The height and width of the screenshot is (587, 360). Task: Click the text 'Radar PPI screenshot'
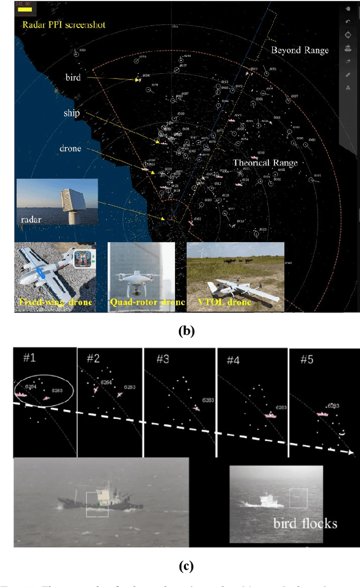(x=64, y=25)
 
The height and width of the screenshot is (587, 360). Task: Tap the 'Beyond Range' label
(x=300, y=50)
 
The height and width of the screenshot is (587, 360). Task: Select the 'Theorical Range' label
(x=264, y=163)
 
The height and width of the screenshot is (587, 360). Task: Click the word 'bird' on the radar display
(x=73, y=78)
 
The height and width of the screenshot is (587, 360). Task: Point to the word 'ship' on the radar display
(x=71, y=114)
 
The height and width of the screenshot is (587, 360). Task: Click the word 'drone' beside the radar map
(x=71, y=148)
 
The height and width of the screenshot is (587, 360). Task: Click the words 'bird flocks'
(x=305, y=523)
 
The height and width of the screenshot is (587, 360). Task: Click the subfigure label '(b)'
(x=186, y=331)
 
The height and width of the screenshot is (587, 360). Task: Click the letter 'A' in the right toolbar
(x=348, y=88)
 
